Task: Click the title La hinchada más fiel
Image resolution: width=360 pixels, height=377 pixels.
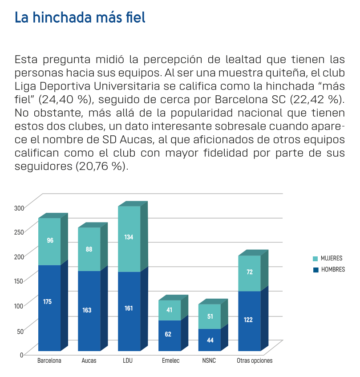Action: coord(80,18)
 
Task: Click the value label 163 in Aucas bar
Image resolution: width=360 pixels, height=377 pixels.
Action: coord(87,310)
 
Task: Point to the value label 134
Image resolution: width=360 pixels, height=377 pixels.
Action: coord(129,237)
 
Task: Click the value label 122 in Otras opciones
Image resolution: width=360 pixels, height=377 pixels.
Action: coord(248,320)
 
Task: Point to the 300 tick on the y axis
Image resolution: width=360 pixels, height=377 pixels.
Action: coord(19,208)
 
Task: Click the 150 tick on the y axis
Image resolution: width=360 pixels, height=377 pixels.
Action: coord(19,281)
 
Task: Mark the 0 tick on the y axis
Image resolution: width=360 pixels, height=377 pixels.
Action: coord(21,354)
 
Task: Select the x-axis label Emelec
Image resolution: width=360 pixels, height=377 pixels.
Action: coord(171,361)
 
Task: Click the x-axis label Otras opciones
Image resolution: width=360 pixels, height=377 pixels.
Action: coord(255,361)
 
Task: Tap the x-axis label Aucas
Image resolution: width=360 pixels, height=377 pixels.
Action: coord(89,361)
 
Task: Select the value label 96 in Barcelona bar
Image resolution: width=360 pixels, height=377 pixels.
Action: coord(50,240)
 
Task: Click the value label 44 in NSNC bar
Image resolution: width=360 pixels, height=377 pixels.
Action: coord(210,340)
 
